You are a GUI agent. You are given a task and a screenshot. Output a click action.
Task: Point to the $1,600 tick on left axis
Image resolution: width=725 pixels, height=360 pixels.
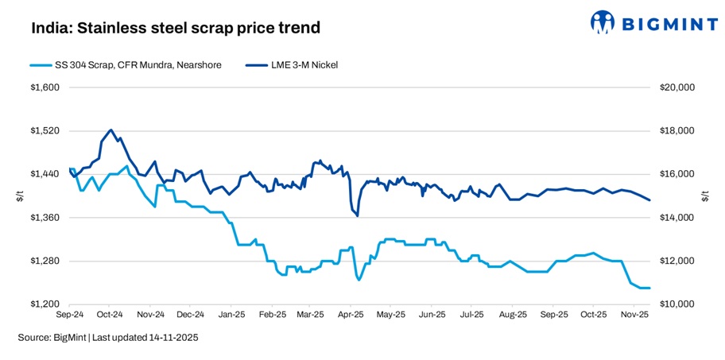point(45,87)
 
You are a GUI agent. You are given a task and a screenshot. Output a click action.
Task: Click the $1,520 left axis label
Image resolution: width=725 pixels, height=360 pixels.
point(45,131)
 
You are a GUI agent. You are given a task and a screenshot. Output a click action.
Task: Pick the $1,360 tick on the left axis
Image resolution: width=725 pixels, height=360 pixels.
point(45,218)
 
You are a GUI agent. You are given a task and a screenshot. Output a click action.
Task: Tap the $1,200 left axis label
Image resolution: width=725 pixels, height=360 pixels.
point(45,304)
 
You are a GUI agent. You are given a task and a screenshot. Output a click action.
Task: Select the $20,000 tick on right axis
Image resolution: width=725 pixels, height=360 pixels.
point(677,87)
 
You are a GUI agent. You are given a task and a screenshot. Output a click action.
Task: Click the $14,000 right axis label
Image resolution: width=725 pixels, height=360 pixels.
point(677,218)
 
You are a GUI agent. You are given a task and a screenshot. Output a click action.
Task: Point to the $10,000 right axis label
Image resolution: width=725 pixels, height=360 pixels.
point(677,304)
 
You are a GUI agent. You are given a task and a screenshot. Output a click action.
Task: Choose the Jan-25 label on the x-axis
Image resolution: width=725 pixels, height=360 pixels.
point(231,315)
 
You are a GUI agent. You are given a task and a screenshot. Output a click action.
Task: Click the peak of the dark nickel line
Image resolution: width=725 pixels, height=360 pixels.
point(110,130)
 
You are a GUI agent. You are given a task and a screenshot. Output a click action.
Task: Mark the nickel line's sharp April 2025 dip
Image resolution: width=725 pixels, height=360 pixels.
point(357,215)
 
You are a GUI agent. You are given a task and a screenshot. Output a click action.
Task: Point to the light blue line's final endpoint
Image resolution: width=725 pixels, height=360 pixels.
point(649,288)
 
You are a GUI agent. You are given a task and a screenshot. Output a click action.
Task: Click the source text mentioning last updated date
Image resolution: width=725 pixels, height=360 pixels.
point(108,338)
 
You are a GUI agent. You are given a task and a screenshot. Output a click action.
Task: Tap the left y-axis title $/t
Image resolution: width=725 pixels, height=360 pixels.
point(20,195)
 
